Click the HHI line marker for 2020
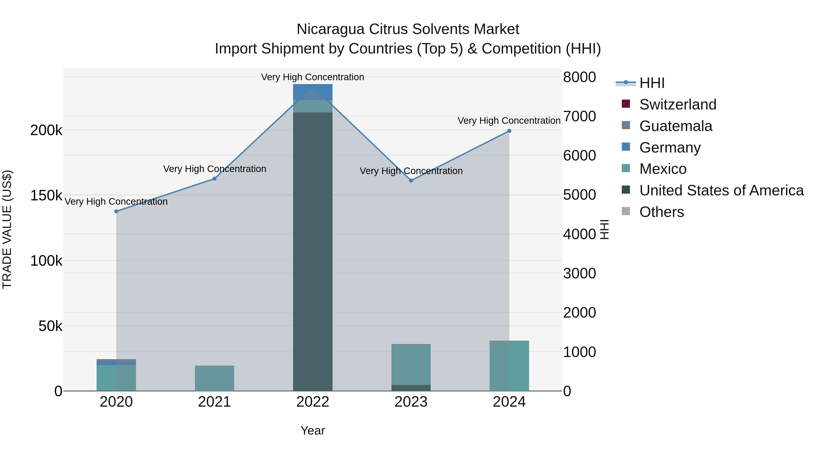[116, 211]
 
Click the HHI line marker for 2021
[214, 179]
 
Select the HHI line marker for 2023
[411, 181]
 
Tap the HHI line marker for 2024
[509, 131]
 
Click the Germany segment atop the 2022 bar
[313, 92]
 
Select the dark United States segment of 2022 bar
[313, 253]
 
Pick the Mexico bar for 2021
[214, 378]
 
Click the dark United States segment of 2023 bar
[411, 388]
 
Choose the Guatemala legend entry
[676, 126]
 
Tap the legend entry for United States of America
[721, 190]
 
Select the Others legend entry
[661, 212]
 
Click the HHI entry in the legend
[652, 83]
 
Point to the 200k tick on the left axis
[46, 130]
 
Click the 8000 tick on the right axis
[579, 77]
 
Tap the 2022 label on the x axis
[313, 402]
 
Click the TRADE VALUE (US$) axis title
[7, 229]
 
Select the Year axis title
[313, 430]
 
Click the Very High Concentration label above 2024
[509, 121]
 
